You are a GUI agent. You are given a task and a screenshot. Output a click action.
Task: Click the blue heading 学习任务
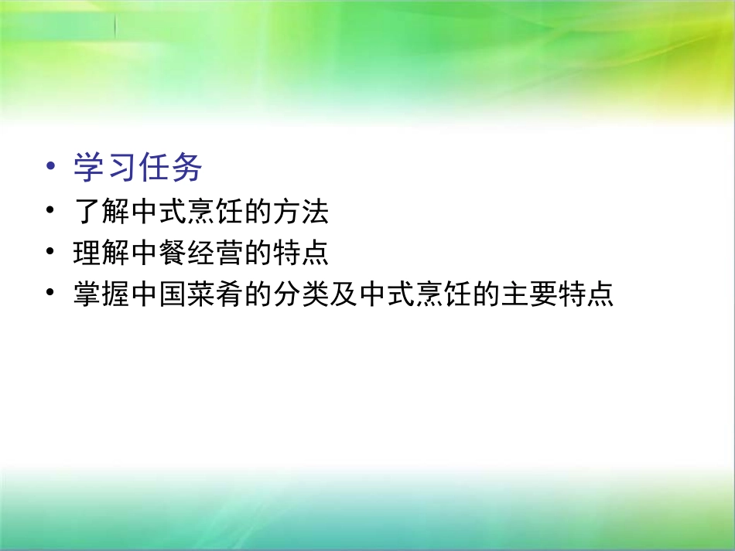click(x=138, y=168)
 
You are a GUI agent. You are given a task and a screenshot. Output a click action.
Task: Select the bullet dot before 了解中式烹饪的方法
click(x=51, y=210)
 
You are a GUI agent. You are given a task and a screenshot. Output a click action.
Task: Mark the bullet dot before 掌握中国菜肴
click(x=51, y=294)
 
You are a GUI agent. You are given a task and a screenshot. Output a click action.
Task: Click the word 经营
click(x=215, y=253)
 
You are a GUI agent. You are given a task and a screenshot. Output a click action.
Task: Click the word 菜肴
click(x=215, y=295)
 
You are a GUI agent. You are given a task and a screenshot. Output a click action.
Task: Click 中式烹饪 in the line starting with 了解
click(x=186, y=211)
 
